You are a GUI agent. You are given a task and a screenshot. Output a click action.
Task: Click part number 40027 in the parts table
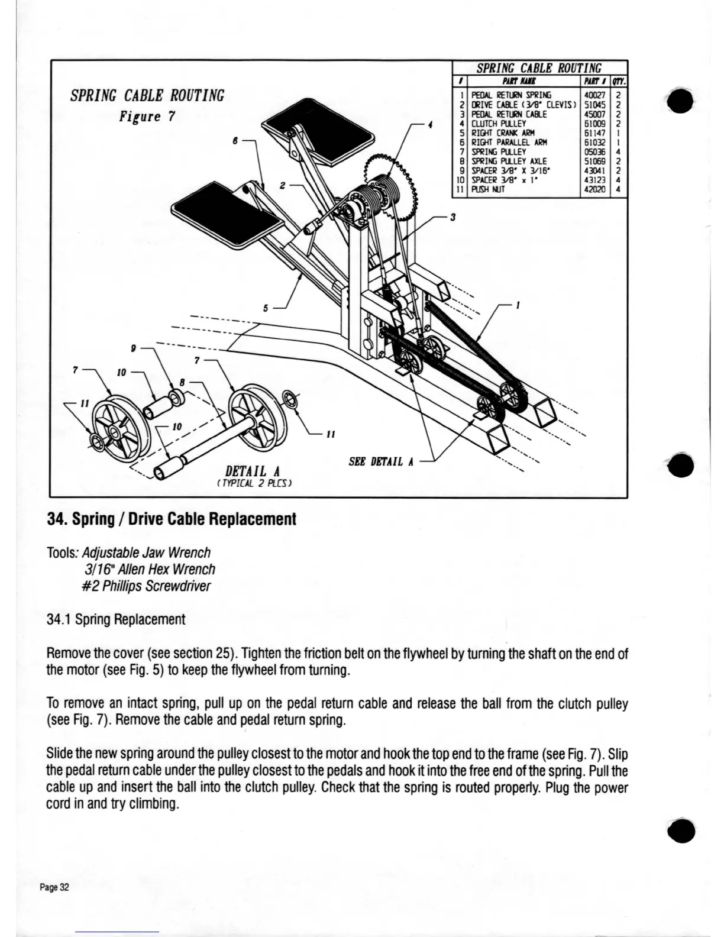pos(592,95)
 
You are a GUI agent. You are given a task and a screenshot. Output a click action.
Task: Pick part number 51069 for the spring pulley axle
pos(592,161)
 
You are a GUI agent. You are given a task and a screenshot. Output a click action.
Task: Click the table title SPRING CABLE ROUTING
pos(539,68)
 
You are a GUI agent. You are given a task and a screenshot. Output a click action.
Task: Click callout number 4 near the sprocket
pos(431,125)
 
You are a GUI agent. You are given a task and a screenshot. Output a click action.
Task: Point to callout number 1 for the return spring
pos(518,306)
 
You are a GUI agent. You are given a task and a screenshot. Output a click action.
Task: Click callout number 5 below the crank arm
pos(266,308)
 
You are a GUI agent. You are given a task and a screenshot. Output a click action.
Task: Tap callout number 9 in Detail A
pos(134,349)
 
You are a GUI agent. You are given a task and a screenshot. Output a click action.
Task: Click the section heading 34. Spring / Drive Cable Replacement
pos(171,519)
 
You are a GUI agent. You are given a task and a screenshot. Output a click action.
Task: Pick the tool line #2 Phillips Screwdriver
pos(147,586)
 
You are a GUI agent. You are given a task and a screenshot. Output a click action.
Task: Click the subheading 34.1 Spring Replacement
pos(116,619)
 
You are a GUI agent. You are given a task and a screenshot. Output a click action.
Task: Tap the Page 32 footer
pos(54,887)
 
